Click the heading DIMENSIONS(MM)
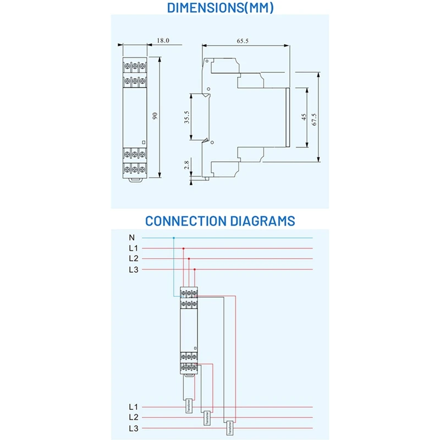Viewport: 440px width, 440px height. pyautogui.click(x=220, y=8)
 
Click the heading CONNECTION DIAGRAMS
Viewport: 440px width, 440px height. pyautogui.click(x=220, y=221)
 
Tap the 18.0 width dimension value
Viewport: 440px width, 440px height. pyautogui.click(x=163, y=41)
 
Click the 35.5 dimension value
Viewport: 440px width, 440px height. pyautogui.click(x=187, y=117)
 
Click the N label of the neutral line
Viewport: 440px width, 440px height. pyautogui.click(x=131, y=238)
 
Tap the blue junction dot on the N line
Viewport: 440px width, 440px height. pyautogui.click(x=174, y=238)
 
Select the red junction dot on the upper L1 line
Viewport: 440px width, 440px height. pyautogui.click(x=183, y=249)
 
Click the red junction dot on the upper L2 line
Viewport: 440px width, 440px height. pyautogui.click(x=189, y=258)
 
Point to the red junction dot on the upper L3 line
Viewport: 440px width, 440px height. pyautogui.click(x=194, y=269)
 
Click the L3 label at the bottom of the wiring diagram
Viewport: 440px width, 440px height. pyautogui.click(x=133, y=428)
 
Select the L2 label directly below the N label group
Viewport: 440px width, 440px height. pyautogui.click(x=133, y=258)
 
